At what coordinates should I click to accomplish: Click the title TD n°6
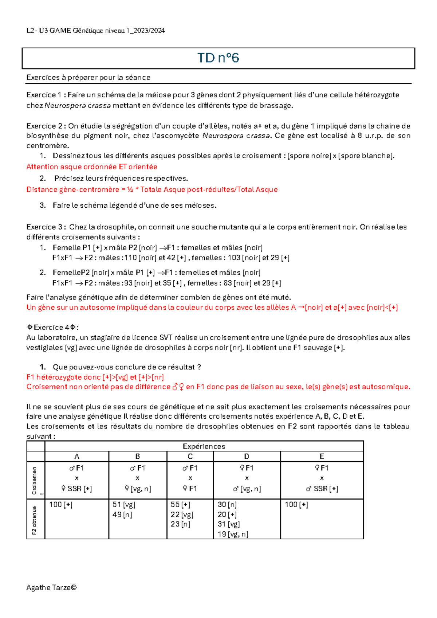[218, 58]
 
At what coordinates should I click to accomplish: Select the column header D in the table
[247, 457]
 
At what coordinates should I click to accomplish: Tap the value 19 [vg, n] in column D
[233, 534]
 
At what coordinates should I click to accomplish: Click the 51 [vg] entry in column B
[124, 505]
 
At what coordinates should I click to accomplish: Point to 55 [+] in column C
[180, 505]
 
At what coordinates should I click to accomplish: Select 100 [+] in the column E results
[296, 505]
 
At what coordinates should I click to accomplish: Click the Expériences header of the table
[204, 446]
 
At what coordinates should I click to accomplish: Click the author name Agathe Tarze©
[51, 587]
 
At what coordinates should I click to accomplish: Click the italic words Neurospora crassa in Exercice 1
[78, 106]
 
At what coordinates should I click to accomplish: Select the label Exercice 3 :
[46, 227]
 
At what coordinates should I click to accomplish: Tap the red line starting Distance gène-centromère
[152, 189]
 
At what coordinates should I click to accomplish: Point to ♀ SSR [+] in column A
[76, 489]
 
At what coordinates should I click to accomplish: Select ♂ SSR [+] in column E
[322, 489]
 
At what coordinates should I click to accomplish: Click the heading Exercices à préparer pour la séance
[88, 77]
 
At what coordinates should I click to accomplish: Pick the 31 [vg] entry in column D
[228, 524]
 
